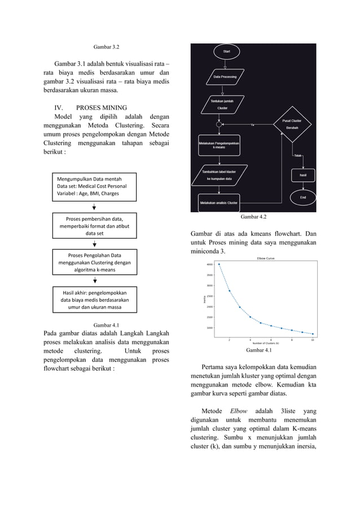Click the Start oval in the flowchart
pos(226,51)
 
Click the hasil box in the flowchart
pos(302,175)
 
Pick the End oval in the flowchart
pos(302,197)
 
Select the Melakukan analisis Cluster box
pos(218,202)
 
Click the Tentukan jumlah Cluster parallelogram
pos(222,104)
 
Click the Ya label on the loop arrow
pos(252,125)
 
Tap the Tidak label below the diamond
pos(297,155)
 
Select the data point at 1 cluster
pos(219,264)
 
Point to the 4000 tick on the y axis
pos(209,264)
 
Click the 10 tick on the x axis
pos(312,340)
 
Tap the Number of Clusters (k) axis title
pos(266,344)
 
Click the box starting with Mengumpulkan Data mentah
pos(95,186)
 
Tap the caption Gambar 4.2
pos(253,217)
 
